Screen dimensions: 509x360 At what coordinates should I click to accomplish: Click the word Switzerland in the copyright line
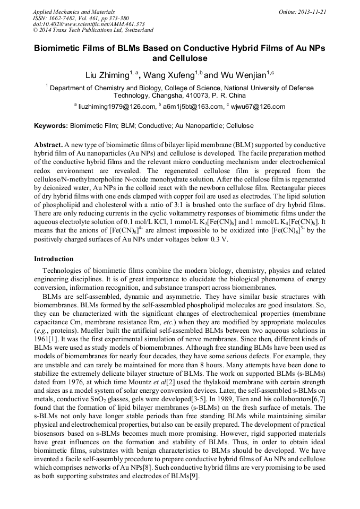click(x=135, y=30)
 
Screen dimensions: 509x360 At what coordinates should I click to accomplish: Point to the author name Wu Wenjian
click(x=242, y=75)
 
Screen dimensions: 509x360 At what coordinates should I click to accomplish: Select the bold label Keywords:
click(x=51, y=126)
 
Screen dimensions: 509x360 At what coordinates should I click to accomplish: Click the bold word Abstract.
click(x=48, y=145)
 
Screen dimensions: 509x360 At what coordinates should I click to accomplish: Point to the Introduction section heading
click(x=54, y=259)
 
